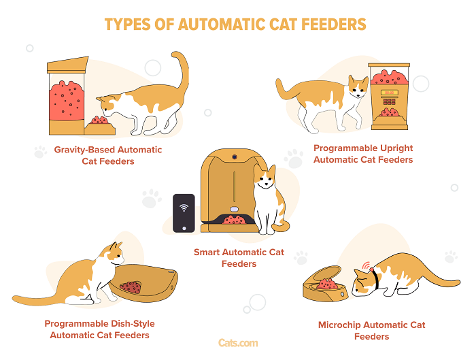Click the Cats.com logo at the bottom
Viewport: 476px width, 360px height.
pyautogui.click(x=238, y=343)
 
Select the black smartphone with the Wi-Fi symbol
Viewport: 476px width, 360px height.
pyautogui.click(x=184, y=213)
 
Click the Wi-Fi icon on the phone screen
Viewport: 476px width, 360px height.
pyautogui.click(x=184, y=208)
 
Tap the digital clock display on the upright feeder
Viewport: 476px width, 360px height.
pyautogui.click(x=389, y=93)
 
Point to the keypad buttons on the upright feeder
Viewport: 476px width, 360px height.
pyautogui.click(x=389, y=101)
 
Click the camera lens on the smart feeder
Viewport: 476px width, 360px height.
pyautogui.click(x=235, y=157)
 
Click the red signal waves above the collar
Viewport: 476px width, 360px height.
pyautogui.click(x=367, y=265)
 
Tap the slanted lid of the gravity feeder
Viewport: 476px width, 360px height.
pyautogui.click(x=68, y=65)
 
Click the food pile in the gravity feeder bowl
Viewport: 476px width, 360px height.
pyautogui.click(x=99, y=120)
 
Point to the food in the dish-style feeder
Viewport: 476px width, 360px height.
pyautogui.click(x=131, y=287)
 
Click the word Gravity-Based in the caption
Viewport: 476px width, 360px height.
pyautogui.click(x=84, y=150)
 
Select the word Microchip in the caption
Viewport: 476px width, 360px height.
pyautogui.click(x=339, y=325)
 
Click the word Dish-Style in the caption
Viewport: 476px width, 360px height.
pyautogui.click(x=133, y=324)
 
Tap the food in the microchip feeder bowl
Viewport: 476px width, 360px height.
pyautogui.click(x=326, y=284)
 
